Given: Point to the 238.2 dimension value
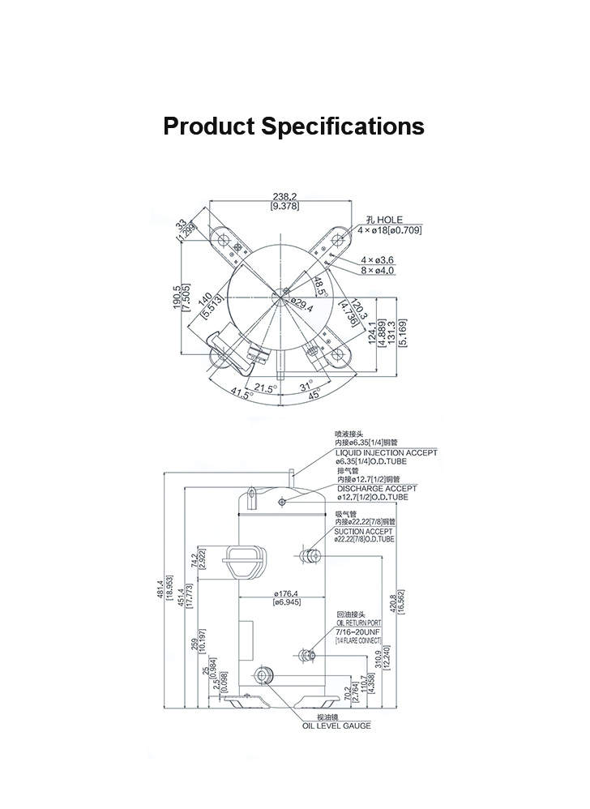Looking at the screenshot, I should tap(284, 197).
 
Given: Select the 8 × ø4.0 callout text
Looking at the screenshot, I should tap(378, 270).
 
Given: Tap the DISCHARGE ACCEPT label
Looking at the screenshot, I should tap(377, 489).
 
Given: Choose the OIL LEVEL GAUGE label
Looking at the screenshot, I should tap(336, 726).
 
